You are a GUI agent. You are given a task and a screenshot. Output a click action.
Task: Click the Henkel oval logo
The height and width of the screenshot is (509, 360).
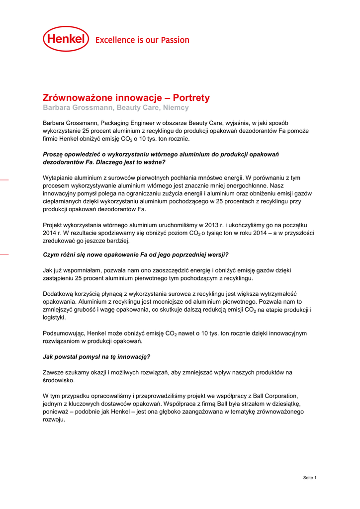(x=66, y=39)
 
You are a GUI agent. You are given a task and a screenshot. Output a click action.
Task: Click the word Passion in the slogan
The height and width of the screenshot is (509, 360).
(x=173, y=40)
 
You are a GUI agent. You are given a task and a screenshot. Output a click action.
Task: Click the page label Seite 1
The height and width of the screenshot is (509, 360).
(x=309, y=478)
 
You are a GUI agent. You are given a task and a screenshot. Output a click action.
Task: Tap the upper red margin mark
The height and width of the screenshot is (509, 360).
(x=4, y=178)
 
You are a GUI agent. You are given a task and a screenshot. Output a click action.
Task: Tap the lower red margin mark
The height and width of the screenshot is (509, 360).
(x=4, y=254)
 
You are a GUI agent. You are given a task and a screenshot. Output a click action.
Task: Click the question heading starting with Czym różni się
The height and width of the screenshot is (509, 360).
(x=135, y=254)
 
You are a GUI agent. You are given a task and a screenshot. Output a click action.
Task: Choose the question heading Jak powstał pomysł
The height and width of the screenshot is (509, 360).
(x=96, y=356)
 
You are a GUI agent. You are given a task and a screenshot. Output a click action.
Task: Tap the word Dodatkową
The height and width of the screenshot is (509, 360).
(x=59, y=294)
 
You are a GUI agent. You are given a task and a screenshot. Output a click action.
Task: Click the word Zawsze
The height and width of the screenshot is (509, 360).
(x=53, y=372)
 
